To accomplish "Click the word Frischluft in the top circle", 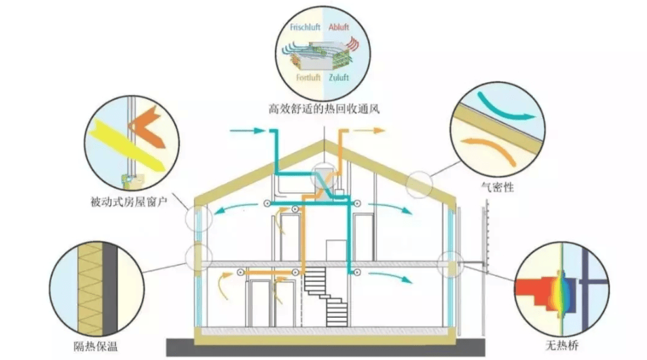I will (x=305, y=29).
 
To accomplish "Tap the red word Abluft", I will (x=339, y=29).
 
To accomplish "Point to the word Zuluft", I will (x=339, y=78).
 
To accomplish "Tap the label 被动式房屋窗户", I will (x=128, y=202).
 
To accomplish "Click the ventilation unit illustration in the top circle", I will (x=323, y=55).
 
